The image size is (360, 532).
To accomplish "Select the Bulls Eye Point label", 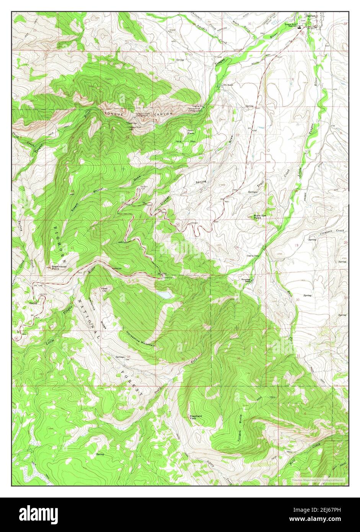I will tap(260, 217).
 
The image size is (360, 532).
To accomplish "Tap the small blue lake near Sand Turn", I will tap(165, 295).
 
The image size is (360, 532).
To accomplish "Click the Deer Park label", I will tap(191, 132).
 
